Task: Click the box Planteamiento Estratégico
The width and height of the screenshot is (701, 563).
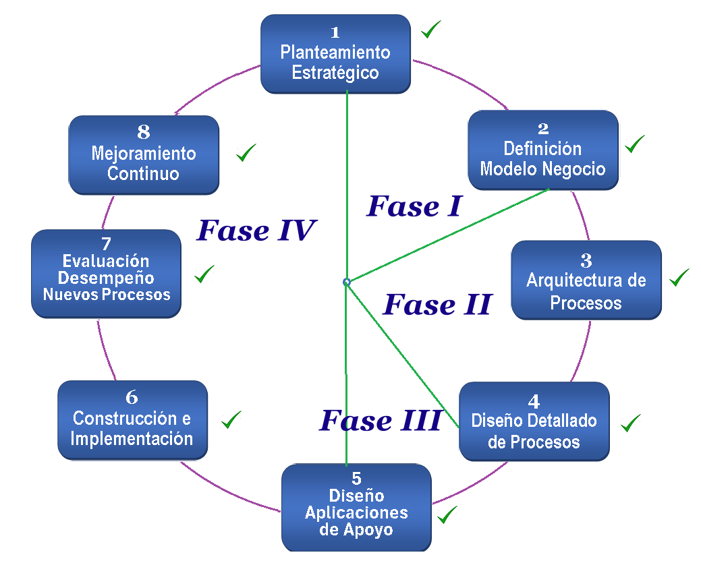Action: tap(335, 53)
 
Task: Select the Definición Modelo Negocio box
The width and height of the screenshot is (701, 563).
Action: tap(542, 150)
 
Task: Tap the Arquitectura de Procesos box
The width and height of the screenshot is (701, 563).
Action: tap(586, 280)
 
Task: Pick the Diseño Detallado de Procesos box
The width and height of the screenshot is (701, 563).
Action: tap(534, 421)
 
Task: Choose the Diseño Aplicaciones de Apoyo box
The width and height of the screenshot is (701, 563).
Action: tap(356, 506)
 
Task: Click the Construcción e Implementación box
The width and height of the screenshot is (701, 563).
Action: tap(132, 419)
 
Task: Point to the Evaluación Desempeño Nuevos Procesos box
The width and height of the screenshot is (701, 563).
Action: tap(106, 273)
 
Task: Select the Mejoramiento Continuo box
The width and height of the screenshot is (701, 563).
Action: tap(144, 154)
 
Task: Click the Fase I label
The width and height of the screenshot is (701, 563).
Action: tap(414, 206)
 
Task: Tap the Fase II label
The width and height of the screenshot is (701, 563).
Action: tap(437, 305)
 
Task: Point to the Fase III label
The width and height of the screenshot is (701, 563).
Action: tap(381, 421)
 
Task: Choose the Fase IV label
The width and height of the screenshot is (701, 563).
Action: tap(256, 231)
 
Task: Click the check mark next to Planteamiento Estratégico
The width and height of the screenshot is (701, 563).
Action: tap(431, 29)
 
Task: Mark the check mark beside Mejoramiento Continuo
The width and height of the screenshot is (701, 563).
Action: tap(246, 153)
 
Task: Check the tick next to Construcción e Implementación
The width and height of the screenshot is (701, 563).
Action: tap(231, 419)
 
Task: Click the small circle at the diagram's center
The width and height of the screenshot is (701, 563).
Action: tap(346, 282)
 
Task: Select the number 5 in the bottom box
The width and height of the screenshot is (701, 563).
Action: tap(356, 479)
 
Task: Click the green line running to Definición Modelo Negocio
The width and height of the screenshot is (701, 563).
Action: tap(448, 235)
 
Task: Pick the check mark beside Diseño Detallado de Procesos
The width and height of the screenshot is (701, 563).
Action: tap(631, 423)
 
